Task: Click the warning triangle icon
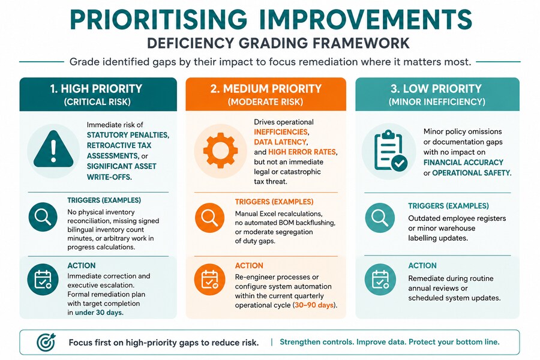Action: coord(53,149)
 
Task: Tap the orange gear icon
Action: coord(220,151)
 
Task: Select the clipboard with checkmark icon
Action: coord(390,151)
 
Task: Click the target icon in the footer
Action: coord(46,342)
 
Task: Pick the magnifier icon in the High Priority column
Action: coord(43,217)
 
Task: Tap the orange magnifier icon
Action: coord(209,218)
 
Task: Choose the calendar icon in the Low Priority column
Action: coord(380,279)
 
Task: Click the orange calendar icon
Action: coord(209,279)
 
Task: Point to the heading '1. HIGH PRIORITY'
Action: coord(96,89)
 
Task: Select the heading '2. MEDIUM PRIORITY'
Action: coord(266,89)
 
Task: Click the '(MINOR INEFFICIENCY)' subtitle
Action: coord(437,102)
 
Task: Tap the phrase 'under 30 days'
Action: coord(98,313)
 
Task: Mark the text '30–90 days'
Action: coord(314,305)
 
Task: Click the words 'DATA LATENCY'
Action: coord(280,142)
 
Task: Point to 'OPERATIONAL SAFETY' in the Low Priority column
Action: coord(471,173)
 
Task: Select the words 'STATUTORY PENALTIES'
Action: coord(127,135)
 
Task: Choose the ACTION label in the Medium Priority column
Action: coord(249,266)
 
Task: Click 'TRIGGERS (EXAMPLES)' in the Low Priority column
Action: coord(448,206)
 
